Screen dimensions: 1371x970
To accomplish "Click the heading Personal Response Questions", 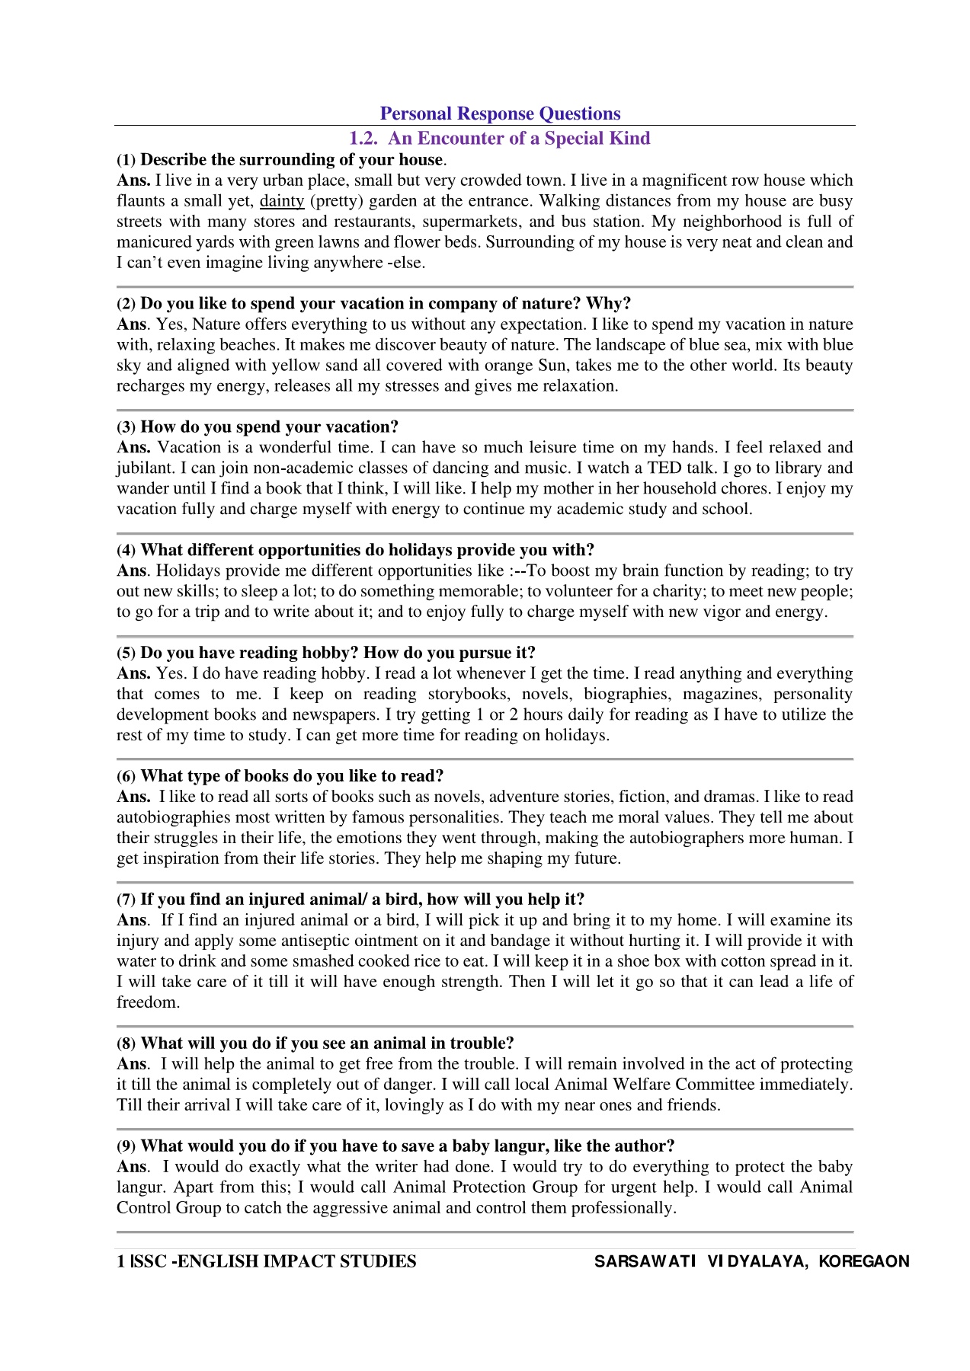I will pyautogui.click(x=500, y=113).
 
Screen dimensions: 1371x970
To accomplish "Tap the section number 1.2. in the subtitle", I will pyautogui.click(x=363, y=138).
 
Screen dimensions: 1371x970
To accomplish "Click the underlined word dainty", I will pyautogui.click(x=282, y=201).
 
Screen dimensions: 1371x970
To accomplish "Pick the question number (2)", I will pyautogui.click(x=126, y=304).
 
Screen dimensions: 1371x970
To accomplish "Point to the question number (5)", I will pyautogui.click(x=126, y=654).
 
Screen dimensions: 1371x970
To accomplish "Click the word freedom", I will pyautogui.click(x=148, y=1002).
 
